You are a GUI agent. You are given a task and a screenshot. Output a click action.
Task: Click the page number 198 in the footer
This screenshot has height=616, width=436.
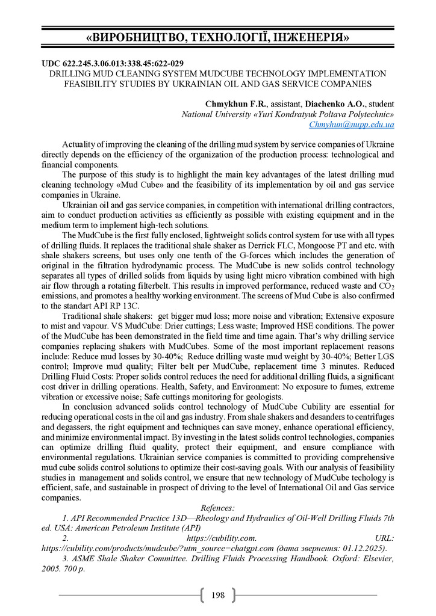click(218, 595)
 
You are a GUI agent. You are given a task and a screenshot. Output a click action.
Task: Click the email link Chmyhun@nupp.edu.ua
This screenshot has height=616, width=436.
click(352, 125)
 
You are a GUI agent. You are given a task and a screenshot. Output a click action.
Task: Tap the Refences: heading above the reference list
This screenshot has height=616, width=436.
click(217, 508)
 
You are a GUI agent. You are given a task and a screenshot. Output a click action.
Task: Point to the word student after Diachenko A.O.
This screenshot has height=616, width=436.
click(379, 103)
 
